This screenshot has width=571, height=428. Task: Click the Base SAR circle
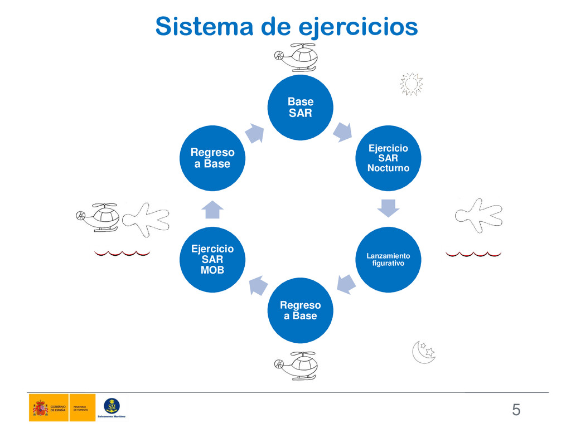[301, 107]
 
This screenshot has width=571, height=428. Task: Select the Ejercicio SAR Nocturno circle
[388, 158]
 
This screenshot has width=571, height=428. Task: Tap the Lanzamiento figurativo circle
[388, 260]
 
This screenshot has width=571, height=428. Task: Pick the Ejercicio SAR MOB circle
[212, 260]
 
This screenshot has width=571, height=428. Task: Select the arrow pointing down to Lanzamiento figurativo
[388, 207]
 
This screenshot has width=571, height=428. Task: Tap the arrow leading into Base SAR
[254, 133]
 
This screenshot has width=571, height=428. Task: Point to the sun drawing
[412, 84]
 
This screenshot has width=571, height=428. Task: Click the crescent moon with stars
[423, 352]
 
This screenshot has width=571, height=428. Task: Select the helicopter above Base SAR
[297, 57]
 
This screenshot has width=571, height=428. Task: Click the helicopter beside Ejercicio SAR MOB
[99, 217]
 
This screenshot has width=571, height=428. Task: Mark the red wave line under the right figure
[473, 254]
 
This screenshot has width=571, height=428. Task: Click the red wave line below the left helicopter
[122, 254]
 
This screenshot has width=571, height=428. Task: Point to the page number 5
[516, 411]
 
